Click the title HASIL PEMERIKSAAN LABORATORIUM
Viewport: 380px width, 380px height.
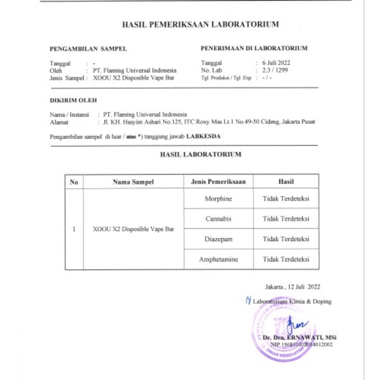pos(200,24)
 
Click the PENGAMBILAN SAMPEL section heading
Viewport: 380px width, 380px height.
pos(88,49)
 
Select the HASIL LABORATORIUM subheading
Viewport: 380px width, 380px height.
pos(200,154)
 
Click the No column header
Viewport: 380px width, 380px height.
pos(74,182)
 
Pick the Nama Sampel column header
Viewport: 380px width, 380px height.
pos(133,182)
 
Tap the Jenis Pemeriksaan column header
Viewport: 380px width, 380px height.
pos(218,182)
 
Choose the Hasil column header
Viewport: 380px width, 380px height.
pos(286,182)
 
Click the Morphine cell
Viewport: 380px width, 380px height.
pos(218,199)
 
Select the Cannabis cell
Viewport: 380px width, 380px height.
pos(218,218)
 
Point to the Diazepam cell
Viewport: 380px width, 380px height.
pos(218,239)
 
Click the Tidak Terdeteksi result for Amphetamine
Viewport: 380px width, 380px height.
pos(286,259)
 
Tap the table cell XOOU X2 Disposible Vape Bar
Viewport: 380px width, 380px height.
pos(133,229)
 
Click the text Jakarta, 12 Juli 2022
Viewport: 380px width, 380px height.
pos(293,286)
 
